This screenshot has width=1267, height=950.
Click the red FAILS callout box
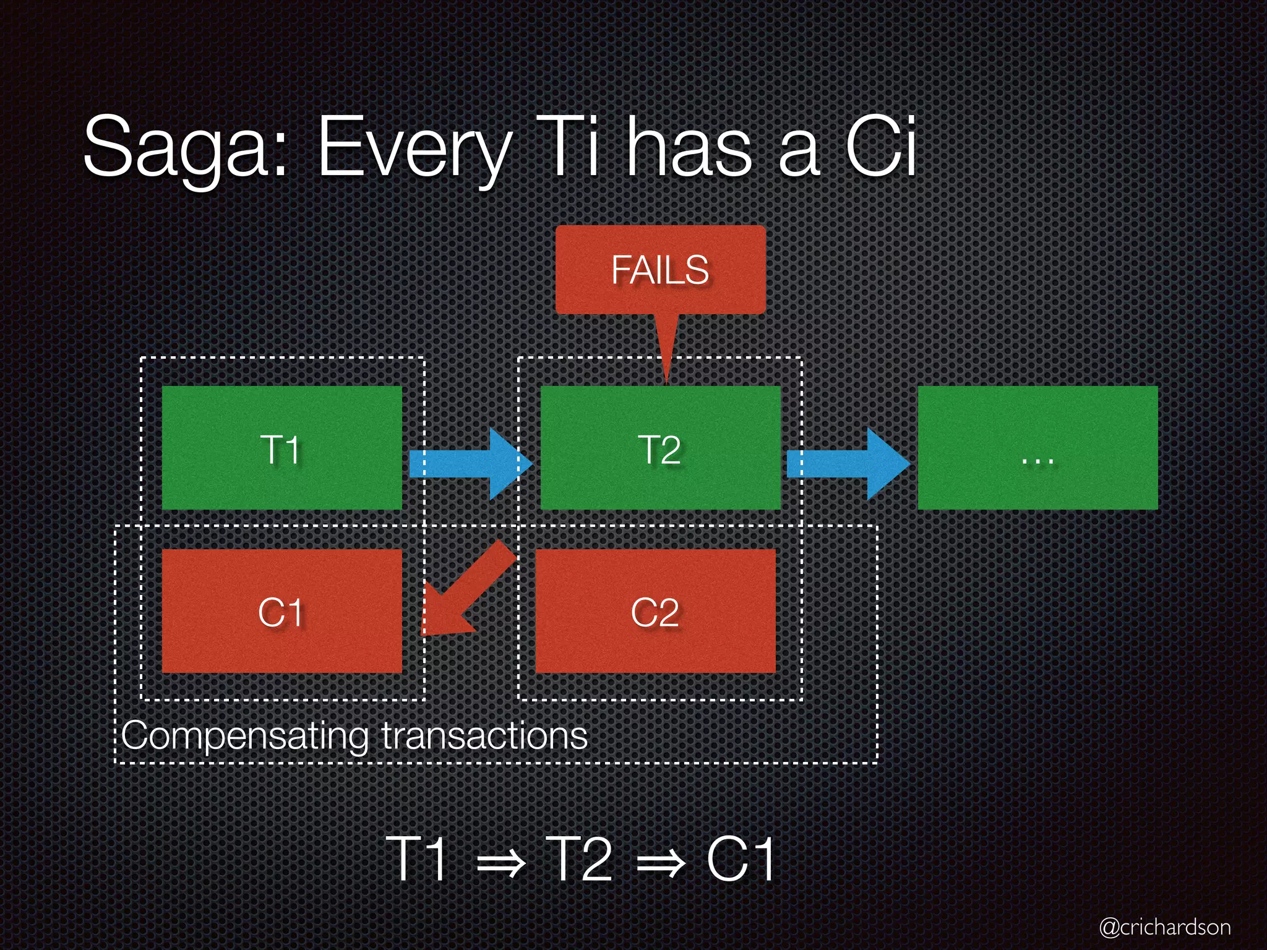(660, 270)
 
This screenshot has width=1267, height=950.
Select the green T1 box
(281, 448)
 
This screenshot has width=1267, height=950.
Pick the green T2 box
(660, 448)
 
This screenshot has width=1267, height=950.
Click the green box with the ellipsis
(1037, 448)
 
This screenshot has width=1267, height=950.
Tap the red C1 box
(281, 611)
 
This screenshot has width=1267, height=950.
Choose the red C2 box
(655, 611)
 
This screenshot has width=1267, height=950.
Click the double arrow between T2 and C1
(661, 861)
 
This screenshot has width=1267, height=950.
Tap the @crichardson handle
(1165, 926)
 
